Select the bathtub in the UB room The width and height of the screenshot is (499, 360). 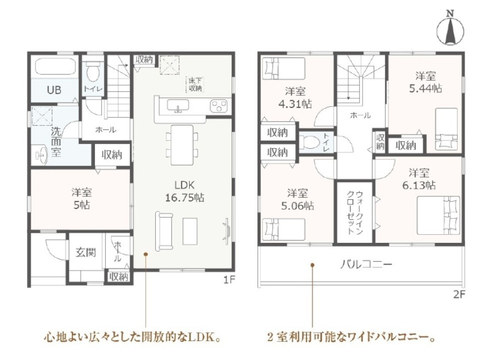tap(54, 67)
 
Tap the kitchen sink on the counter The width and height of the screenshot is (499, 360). tap(177, 106)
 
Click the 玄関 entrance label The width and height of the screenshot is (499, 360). tap(86, 252)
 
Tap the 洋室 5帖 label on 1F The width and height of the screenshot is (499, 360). tap(80, 198)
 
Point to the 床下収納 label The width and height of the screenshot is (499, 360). tap(195, 84)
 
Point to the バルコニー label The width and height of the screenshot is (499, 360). tap(366, 265)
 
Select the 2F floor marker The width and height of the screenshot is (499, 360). tap(459, 294)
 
